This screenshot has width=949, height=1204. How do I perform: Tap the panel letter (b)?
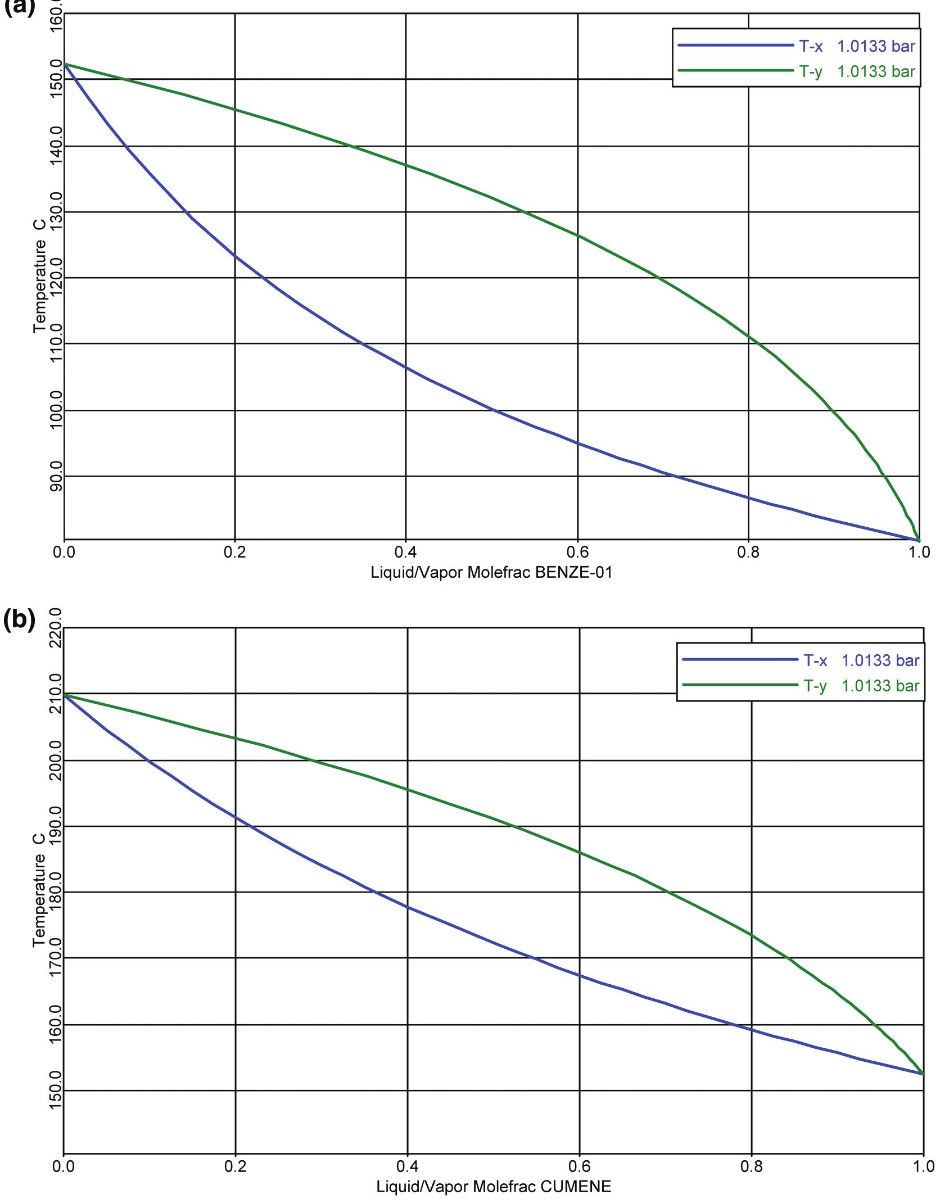[x=19, y=620]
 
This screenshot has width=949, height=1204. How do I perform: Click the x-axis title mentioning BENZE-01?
[x=491, y=573]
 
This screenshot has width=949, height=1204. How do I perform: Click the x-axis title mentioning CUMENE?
[x=493, y=1187]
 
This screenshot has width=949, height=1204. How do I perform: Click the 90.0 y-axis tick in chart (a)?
[x=56, y=476]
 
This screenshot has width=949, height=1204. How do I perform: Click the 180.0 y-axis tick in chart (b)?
[x=56, y=891]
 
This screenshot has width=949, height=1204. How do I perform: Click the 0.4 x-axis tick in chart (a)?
[x=405, y=552]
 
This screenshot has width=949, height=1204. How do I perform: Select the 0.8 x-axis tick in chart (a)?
[x=748, y=552]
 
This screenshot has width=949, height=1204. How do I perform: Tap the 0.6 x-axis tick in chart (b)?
[x=579, y=1166]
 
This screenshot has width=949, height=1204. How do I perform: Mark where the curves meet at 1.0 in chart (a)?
[x=919, y=540]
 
